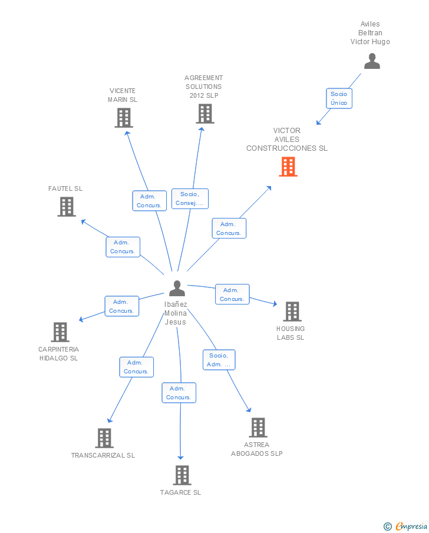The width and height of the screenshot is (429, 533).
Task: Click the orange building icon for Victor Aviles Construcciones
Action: click(x=288, y=167)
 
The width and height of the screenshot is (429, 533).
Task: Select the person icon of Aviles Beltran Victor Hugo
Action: click(x=372, y=61)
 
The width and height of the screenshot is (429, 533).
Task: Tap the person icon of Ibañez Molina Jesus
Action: click(x=177, y=289)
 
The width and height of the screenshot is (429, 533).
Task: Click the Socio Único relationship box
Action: click(x=339, y=98)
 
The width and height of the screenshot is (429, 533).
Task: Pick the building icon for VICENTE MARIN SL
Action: click(x=123, y=118)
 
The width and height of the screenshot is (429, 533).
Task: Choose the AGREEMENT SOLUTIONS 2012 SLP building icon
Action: click(x=204, y=114)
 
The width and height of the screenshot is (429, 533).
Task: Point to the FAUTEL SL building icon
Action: click(x=67, y=207)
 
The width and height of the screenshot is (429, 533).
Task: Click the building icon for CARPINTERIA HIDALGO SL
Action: click(x=60, y=332)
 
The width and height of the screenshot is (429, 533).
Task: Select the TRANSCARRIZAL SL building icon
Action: click(x=104, y=438)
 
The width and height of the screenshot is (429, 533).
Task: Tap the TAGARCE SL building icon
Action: click(x=182, y=475)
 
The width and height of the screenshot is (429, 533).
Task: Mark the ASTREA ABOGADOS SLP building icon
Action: click(x=258, y=428)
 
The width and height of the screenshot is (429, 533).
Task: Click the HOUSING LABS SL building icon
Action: click(x=292, y=312)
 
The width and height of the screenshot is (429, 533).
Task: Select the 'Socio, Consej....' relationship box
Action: click(x=190, y=199)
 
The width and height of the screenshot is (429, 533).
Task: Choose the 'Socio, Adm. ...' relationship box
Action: click(x=219, y=360)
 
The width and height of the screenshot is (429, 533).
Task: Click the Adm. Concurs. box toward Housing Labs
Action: click(x=232, y=294)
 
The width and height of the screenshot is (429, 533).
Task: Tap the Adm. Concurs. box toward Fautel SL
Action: click(x=123, y=247)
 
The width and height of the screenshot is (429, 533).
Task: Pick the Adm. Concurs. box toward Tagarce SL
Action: click(x=179, y=393)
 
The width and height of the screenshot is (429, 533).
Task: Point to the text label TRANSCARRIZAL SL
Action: click(x=103, y=455)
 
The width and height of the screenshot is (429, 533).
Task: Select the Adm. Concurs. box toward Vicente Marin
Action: click(x=149, y=201)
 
